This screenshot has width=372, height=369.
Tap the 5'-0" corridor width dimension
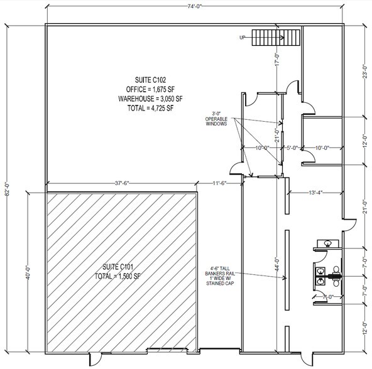[x=292, y=148]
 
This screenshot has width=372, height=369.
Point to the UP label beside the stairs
[x=242, y=38]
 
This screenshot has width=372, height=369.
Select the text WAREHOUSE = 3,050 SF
[x=150, y=99]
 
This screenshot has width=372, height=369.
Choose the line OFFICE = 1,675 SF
[x=150, y=89]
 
